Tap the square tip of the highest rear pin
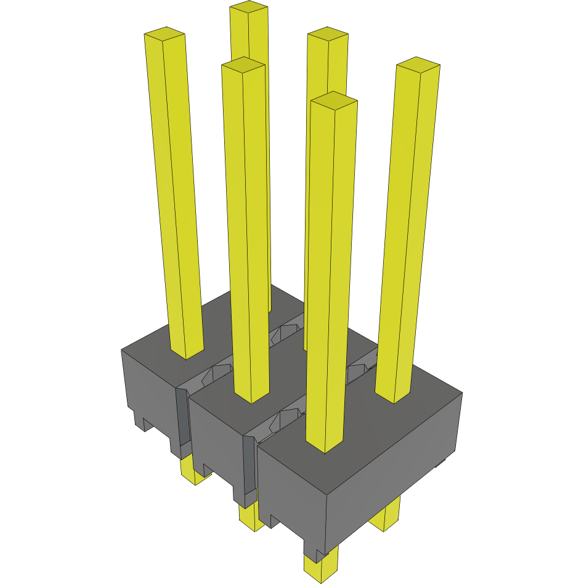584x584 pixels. pyautogui.click(x=249, y=8)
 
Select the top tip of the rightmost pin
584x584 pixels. pyautogui.click(x=418, y=64)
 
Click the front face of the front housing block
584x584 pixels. pyautogui.click(x=290, y=493)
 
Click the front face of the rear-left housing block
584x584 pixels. pyautogui.click(x=148, y=388)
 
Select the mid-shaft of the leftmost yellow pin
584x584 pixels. pyautogui.click(x=179, y=197)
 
